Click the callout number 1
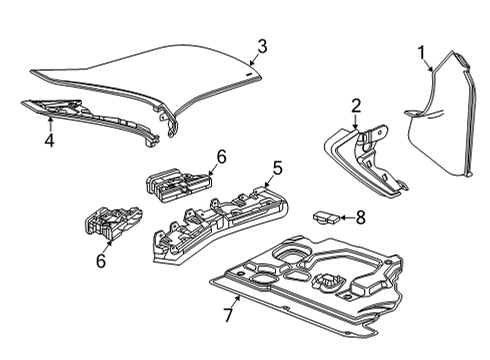pyautogui.click(x=421, y=51)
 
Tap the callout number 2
pyautogui.click(x=355, y=105)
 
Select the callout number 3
pyautogui.click(x=261, y=45)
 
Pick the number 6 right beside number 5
pyautogui.click(x=221, y=156)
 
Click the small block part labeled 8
pyautogui.click(x=327, y=215)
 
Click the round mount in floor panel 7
pyautogui.click(x=331, y=285)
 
